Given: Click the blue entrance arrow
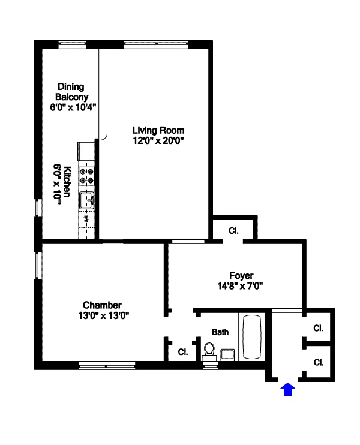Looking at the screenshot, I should tap(288, 390).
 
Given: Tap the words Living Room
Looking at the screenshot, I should tap(158, 130).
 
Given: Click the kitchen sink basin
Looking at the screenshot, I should tap(87, 200).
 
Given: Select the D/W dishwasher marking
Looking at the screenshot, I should tap(86, 219).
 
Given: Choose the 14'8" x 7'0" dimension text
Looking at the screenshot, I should tap(240, 286).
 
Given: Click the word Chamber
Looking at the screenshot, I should tap(102, 305).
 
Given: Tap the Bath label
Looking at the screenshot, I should tap(220, 332).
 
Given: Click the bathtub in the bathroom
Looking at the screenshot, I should tap(251, 337).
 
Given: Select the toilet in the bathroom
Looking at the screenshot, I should tap(209, 350).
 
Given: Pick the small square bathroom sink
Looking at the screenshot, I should tap(228, 354).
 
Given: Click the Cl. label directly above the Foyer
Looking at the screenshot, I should tap(233, 230).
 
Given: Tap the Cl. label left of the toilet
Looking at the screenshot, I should tap(182, 352).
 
